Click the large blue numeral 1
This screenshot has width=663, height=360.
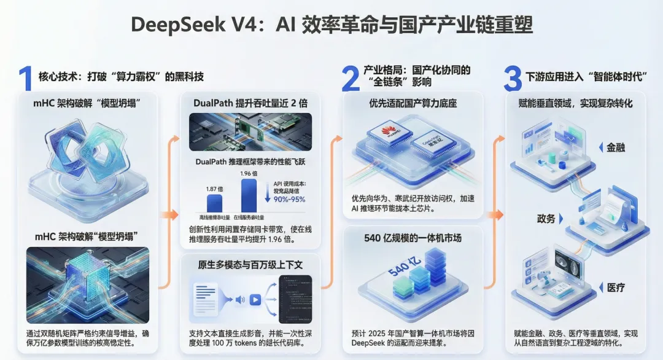pos(25,79)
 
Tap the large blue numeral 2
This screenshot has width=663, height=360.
pos(350,79)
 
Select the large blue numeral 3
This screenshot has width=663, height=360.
pos(512,79)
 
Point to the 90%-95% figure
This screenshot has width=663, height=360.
pos(290,199)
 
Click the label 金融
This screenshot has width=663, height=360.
pos(616,147)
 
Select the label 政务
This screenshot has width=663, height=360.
pos(546,219)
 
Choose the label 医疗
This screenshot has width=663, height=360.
pos(616,288)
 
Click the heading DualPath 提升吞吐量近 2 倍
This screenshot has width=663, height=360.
pos(250,103)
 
